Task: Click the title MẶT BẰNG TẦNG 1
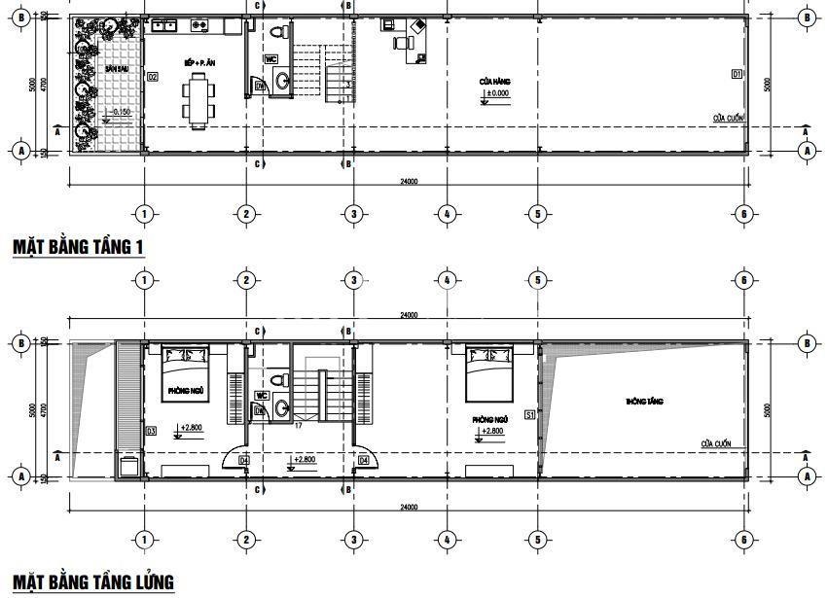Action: pyautogui.click(x=79, y=247)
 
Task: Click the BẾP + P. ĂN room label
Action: pyautogui.click(x=198, y=62)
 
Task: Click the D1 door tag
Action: pyautogui.click(x=737, y=74)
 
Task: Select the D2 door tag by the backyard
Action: pyautogui.click(x=152, y=76)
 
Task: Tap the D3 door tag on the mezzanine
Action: pyautogui.click(x=151, y=431)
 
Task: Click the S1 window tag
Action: pyautogui.click(x=530, y=415)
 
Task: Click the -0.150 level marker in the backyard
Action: pyautogui.click(x=120, y=113)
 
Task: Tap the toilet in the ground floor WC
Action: pyautogui.click(x=279, y=31)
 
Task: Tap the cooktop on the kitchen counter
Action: pyautogui.click(x=200, y=25)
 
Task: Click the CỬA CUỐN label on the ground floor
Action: pyautogui.click(x=728, y=118)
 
